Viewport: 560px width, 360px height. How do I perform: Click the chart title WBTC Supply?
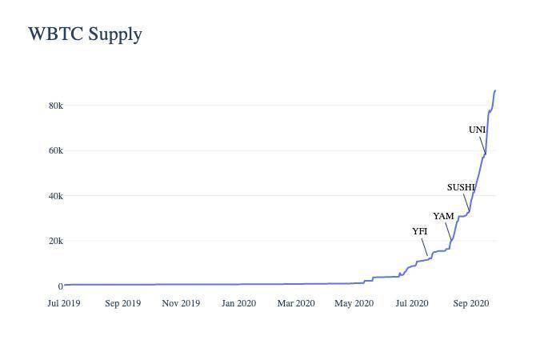pyautogui.click(x=85, y=34)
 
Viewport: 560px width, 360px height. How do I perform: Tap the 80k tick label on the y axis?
pyautogui.click(x=54, y=106)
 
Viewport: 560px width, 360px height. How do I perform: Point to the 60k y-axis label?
pyautogui.click(x=54, y=150)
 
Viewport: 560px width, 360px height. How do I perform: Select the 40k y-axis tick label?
pyautogui.click(x=54, y=196)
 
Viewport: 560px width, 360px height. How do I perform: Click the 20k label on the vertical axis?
pyautogui.click(x=54, y=241)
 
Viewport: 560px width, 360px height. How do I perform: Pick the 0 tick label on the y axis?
pyautogui.click(x=59, y=286)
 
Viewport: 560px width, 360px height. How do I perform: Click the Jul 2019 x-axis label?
pyautogui.click(x=64, y=303)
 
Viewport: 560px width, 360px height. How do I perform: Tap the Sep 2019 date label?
pyautogui.click(x=122, y=303)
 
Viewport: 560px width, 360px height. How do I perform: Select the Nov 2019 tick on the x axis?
pyautogui.click(x=181, y=303)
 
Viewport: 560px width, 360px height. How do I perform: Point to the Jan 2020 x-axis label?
pyautogui.click(x=238, y=303)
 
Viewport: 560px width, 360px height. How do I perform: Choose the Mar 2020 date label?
pyautogui.click(x=296, y=303)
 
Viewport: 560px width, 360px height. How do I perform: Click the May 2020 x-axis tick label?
pyautogui.click(x=354, y=303)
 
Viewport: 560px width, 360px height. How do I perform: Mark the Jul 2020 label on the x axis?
pyautogui.click(x=411, y=303)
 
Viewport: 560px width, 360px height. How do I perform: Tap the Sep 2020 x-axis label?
pyautogui.click(x=470, y=303)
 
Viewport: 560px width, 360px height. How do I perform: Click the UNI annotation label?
pyautogui.click(x=477, y=130)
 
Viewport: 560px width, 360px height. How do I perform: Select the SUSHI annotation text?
pyautogui.click(x=461, y=188)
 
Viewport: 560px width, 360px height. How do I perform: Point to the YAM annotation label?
pyautogui.click(x=443, y=216)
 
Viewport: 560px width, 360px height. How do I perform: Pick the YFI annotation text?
pyautogui.click(x=420, y=231)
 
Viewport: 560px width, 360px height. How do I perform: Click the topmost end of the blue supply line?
pyautogui.click(x=495, y=90)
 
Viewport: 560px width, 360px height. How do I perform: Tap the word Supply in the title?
pyautogui.click(x=116, y=34)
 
